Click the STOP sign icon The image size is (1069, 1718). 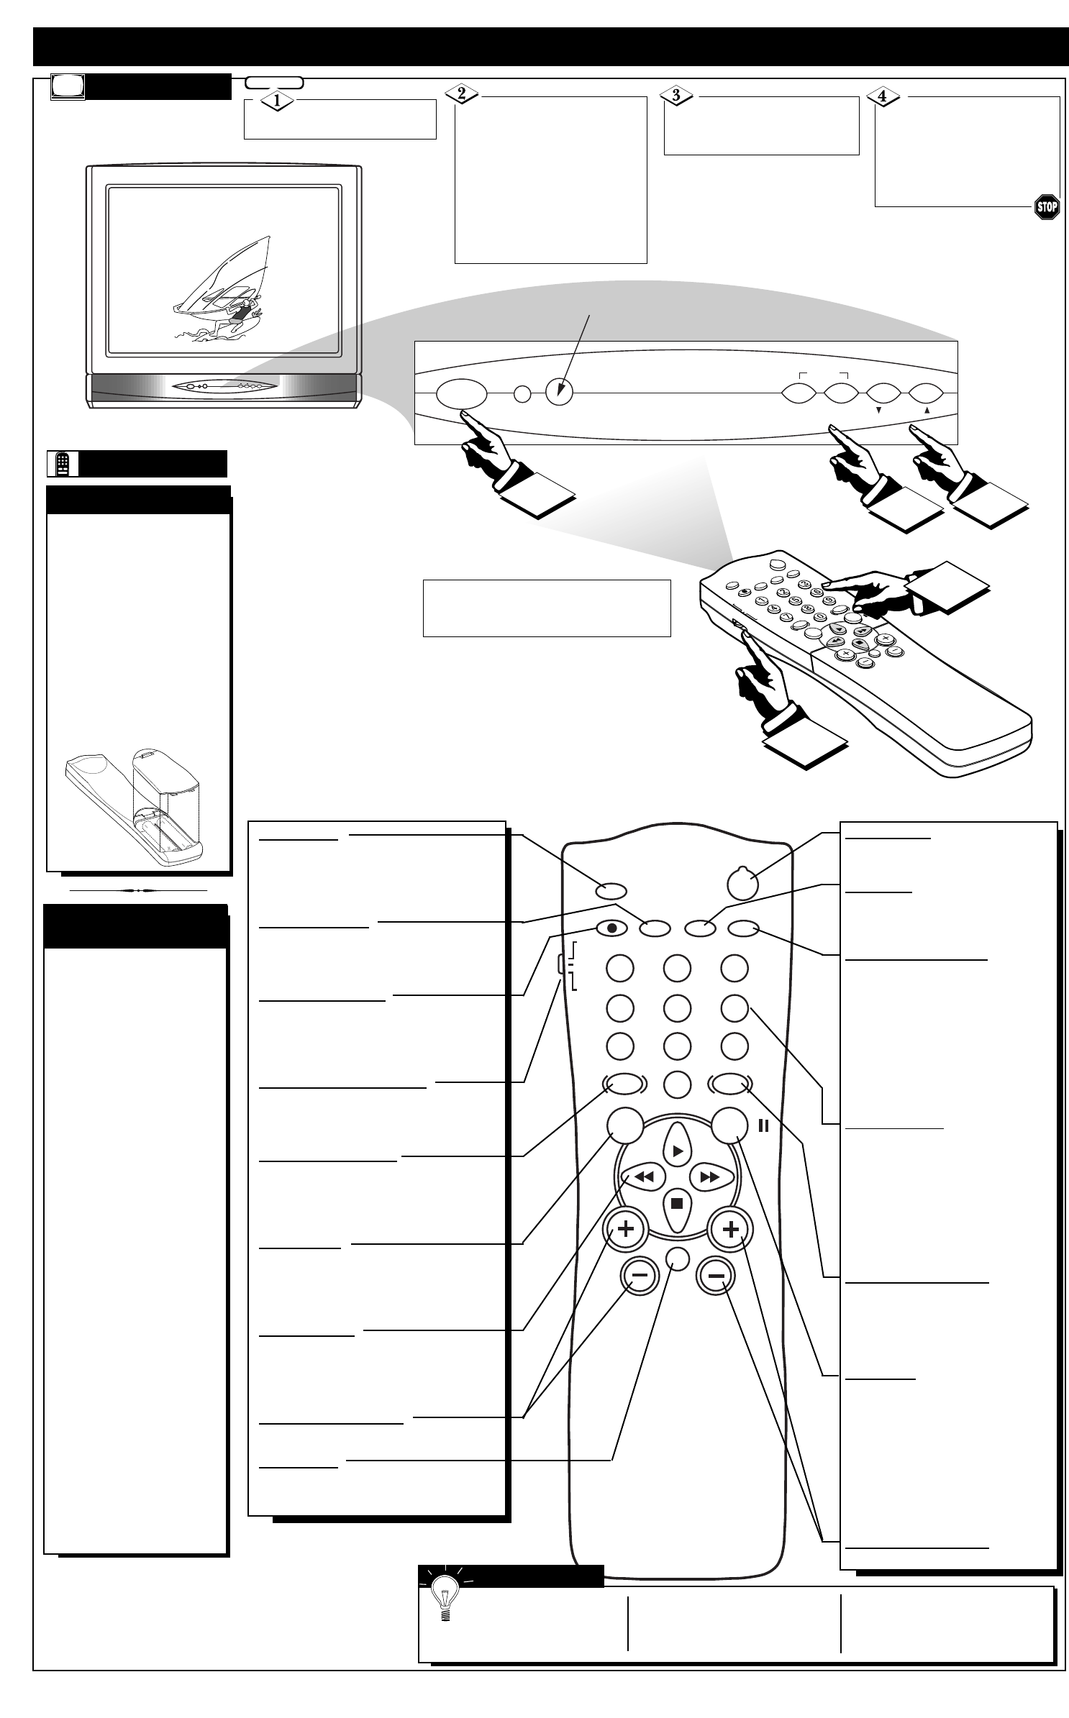(x=1046, y=207)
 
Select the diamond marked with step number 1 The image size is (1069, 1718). (x=276, y=101)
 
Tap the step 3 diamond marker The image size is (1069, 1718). (x=675, y=95)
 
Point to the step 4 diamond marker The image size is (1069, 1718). (x=884, y=96)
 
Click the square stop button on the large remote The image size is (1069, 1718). (x=677, y=1202)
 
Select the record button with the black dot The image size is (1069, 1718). (x=611, y=928)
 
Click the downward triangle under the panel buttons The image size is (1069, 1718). (x=878, y=411)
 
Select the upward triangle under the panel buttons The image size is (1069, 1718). (x=927, y=411)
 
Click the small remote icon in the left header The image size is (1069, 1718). (x=63, y=465)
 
